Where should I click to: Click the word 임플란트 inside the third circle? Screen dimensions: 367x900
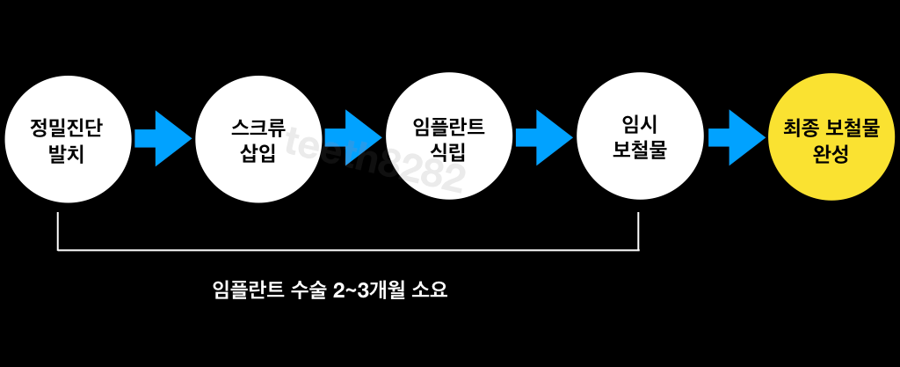[x=449, y=127]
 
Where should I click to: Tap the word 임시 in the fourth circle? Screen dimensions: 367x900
[x=639, y=126]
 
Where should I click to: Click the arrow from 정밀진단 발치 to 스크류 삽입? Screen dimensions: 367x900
[x=162, y=138]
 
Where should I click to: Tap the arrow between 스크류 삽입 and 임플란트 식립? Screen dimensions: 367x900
[x=353, y=138]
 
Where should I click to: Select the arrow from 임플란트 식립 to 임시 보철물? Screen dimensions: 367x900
[x=544, y=138]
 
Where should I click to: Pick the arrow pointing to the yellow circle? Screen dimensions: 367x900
[x=737, y=138]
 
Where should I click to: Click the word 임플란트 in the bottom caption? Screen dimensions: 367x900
[x=249, y=290]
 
